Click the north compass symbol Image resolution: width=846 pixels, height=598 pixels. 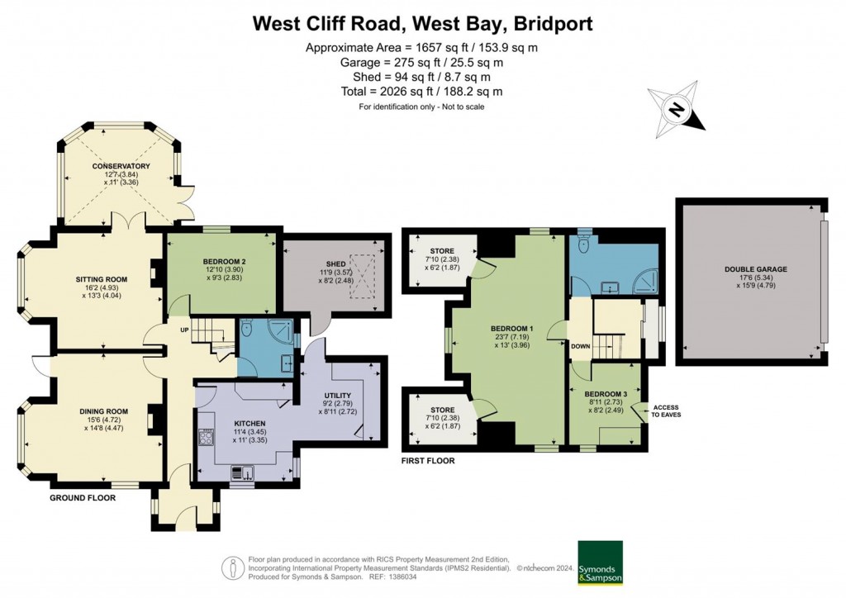coord(677,111)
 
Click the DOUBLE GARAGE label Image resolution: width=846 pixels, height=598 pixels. coord(756,269)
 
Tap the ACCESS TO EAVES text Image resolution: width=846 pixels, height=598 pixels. coord(666,411)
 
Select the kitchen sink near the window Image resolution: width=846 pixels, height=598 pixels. coord(243,472)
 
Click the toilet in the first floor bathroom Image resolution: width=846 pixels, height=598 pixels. coord(585,243)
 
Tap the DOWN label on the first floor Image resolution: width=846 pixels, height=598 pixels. coord(580,346)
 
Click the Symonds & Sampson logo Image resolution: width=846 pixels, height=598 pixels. coord(600,562)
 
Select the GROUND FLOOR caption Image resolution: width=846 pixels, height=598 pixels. coord(83,498)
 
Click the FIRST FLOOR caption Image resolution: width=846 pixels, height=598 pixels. coord(428,459)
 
